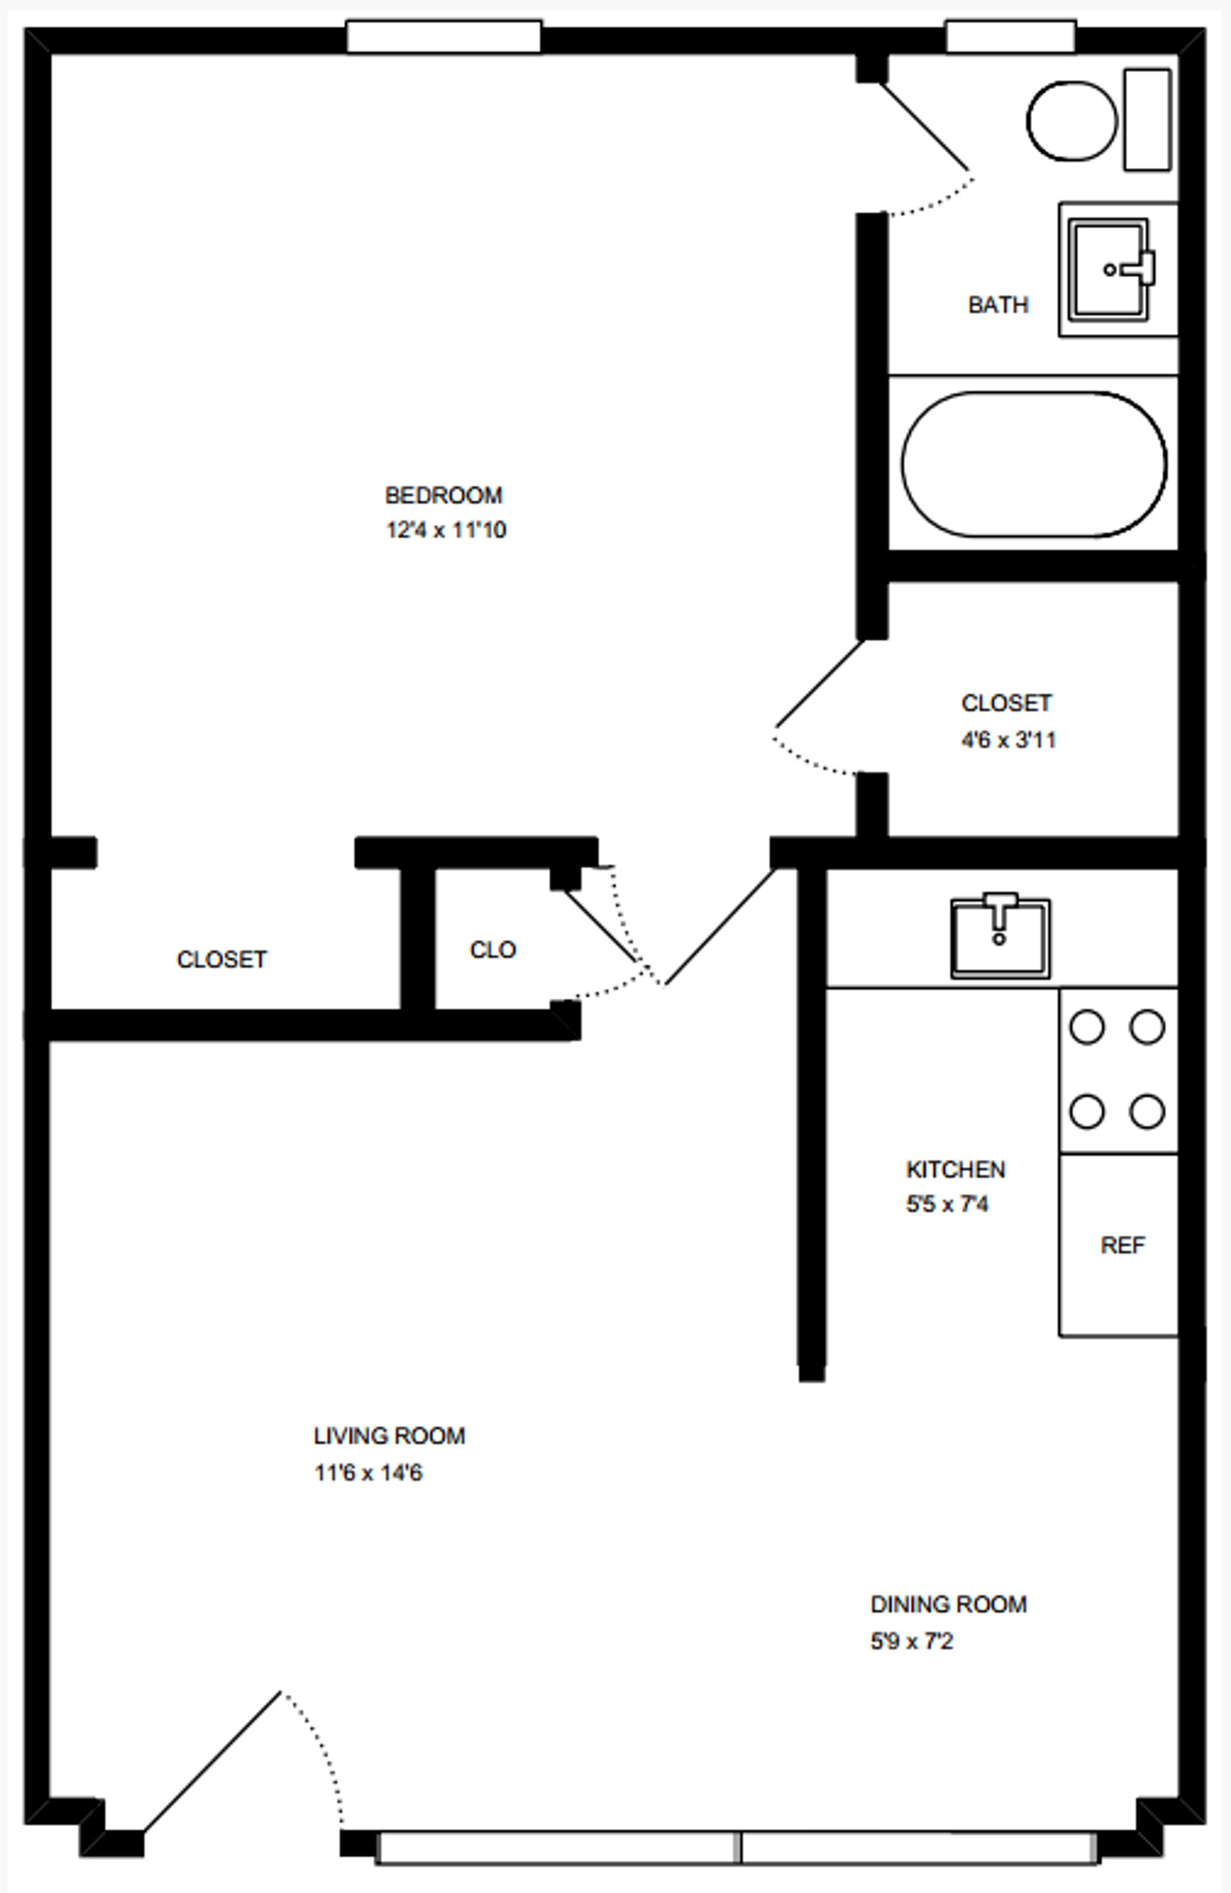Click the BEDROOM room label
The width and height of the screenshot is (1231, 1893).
[443, 495]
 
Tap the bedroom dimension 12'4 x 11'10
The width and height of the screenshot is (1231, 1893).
[445, 530]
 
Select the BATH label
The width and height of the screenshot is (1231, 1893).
[998, 305]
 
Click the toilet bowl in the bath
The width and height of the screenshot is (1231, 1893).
[1071, 121]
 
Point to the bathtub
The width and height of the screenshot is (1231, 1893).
[1033, 463]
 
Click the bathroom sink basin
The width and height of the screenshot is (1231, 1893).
[1107, 270]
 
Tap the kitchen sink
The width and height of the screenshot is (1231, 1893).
[1000, 938]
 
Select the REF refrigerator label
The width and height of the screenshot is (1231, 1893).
[1122, 1245]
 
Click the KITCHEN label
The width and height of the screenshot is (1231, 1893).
[955, 1169]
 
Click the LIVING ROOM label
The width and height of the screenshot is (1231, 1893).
[389, 1436]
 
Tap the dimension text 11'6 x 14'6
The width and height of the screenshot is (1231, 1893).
[368, 1473]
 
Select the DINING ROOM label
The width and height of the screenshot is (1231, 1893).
[948, 1604]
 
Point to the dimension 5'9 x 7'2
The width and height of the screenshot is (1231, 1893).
[911, 1641]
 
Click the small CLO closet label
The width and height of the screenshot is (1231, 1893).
[492, 950]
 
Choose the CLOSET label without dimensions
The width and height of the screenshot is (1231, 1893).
[221, 959]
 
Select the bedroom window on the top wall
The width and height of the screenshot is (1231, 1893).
[444, 37]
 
